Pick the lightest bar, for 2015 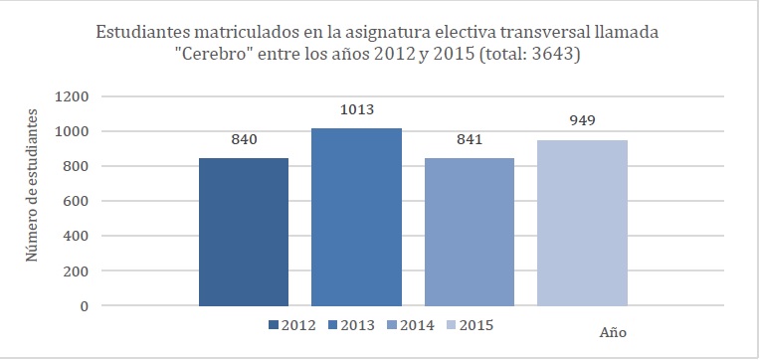coord(582,223)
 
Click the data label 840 coord(244,140)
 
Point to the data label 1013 coord(356,109)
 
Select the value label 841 coord(470,140)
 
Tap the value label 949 coord(582,121)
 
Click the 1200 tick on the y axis coord(75,96)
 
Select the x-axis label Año coord(614,331)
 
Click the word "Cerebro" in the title coord(222,56)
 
